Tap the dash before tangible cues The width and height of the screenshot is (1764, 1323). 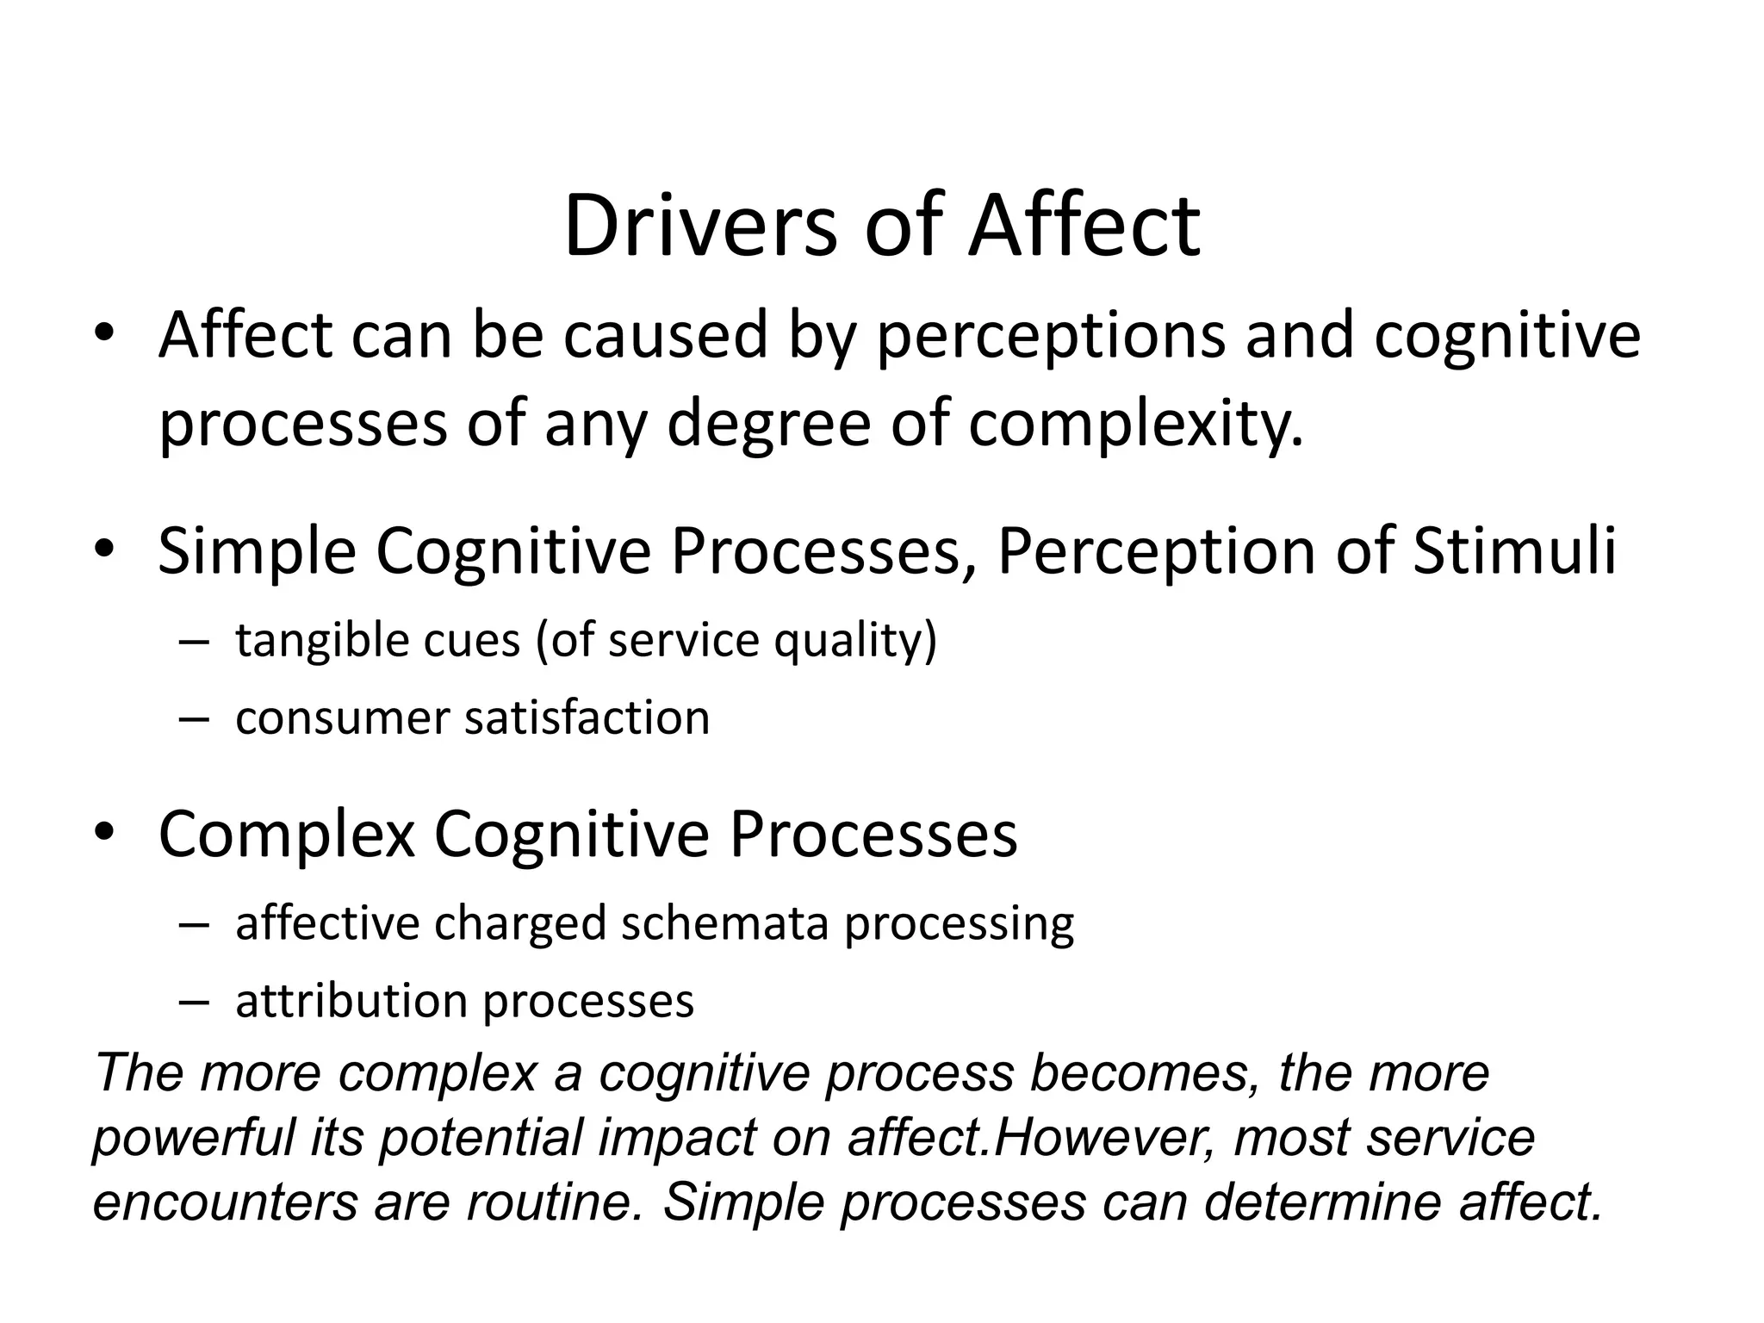[x=195, y=642]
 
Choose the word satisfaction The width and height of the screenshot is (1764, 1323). [x=587, y=717]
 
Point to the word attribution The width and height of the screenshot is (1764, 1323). [x=351, y=1001]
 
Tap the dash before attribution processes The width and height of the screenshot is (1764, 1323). [x=195, y=1002]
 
